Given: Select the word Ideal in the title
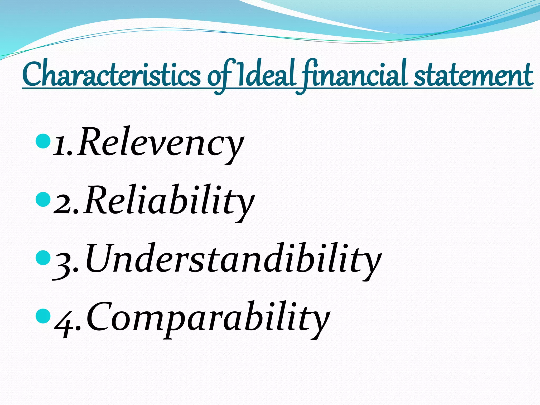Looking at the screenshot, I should pyautogui.click(x=265, y=74).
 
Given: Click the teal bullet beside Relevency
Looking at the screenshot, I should pyautogui.click(x=43, y=141).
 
